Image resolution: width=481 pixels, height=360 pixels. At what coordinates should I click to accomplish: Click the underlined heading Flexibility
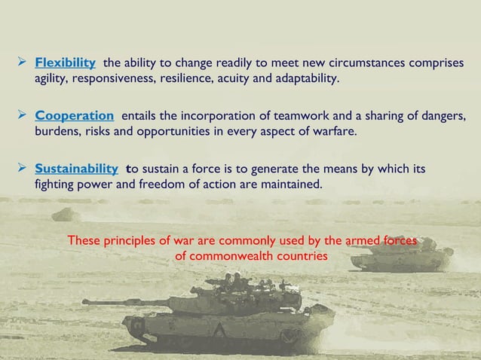65,62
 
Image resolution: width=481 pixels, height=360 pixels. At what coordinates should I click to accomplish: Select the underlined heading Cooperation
75,116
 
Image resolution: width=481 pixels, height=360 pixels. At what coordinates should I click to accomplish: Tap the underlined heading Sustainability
76,168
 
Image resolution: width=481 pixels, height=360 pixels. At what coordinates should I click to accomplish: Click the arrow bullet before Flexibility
23,62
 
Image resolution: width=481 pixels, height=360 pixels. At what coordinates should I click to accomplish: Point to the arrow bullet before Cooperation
23,116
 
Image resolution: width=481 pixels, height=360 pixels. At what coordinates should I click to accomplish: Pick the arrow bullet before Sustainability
23,168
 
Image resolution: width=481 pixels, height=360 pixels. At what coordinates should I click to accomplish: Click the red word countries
303,255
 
